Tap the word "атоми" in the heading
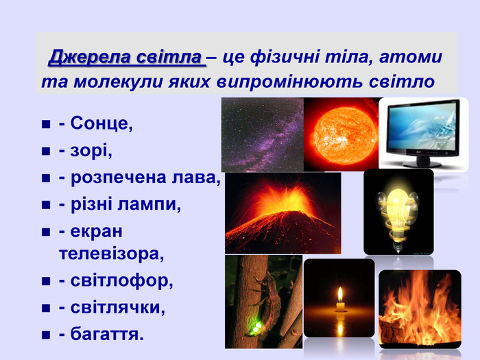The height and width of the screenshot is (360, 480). (411, 57)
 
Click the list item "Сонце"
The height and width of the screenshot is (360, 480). (101, 123)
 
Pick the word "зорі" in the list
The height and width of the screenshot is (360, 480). (91, 151)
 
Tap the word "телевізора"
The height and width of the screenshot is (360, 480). (111, 254)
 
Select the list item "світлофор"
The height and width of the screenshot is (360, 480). (121, 280)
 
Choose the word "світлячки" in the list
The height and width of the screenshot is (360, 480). (117, 307)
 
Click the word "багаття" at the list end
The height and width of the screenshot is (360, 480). (107, 334)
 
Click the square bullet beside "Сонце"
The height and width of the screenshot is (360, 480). (46, 124)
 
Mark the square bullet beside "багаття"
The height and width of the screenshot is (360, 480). (46, 335)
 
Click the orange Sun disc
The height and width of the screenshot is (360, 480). (345, 134)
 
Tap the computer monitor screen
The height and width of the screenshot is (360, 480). (424, 125)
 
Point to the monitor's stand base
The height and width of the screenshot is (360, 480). (422, 164)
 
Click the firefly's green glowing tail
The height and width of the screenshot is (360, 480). (256, 328)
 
